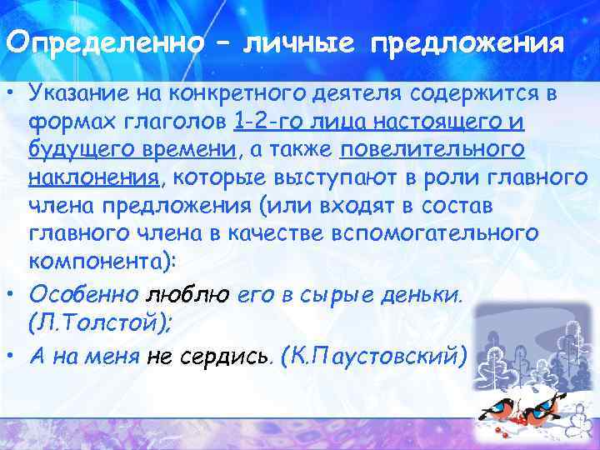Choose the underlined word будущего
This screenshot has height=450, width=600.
point(75,151)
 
